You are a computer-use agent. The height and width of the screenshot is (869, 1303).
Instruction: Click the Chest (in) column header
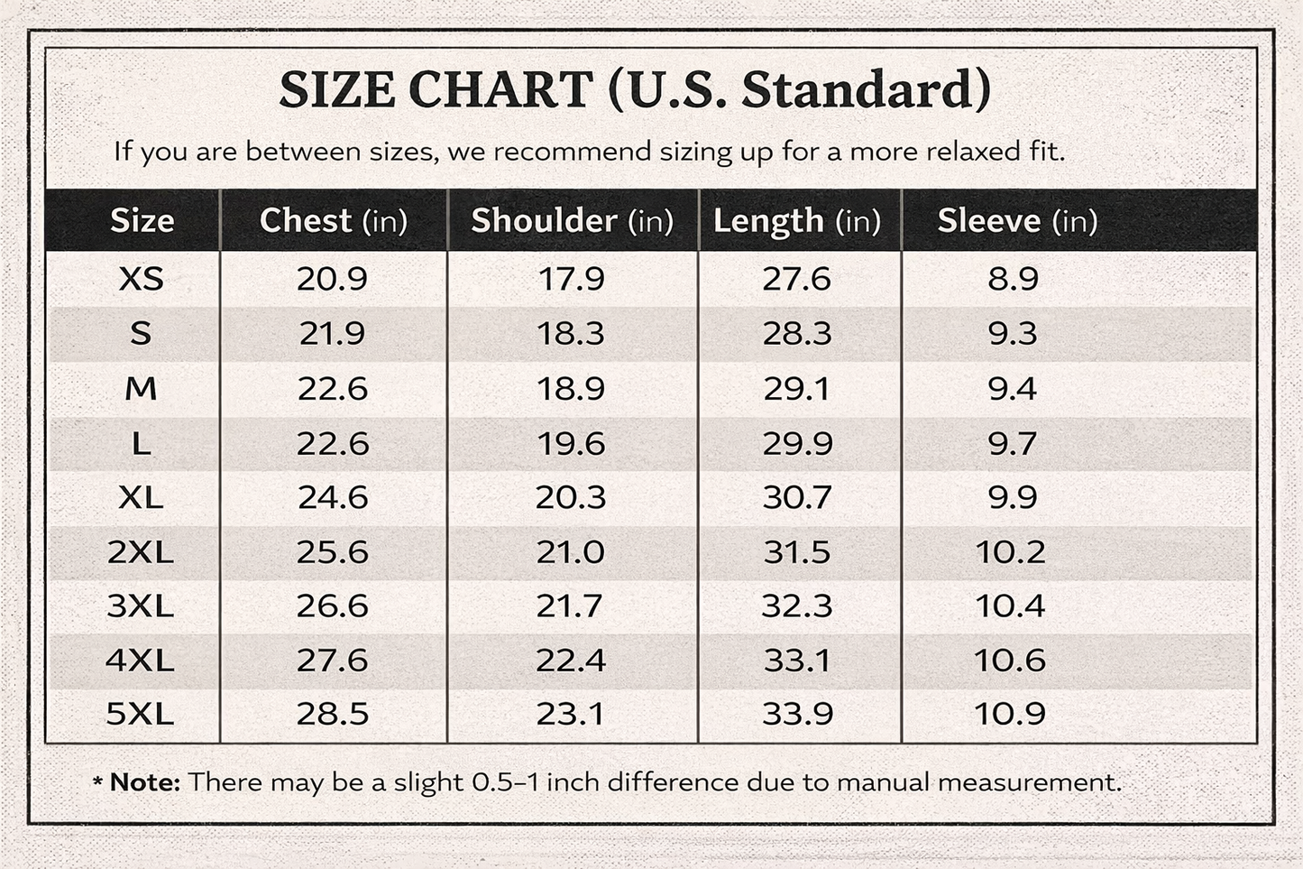click(x=334, y=221)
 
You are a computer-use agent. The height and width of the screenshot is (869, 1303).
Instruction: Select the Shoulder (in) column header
click(x=573, y=221)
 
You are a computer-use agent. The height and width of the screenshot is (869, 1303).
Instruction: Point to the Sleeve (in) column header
click(x=1017, y=221)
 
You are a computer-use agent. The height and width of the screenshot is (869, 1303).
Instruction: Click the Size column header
click(x=142, y=221)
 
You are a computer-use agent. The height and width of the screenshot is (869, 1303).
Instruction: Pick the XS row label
click(x=142, y=279)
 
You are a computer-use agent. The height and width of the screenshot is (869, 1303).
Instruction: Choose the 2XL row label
click(x=140, y=551)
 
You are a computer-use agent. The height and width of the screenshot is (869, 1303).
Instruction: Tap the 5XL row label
click(x=140, y=714)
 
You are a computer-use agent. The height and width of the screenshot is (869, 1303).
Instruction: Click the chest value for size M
click(x=333, y=389)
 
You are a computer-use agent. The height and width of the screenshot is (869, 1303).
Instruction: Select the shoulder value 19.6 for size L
click(x=571, y=444)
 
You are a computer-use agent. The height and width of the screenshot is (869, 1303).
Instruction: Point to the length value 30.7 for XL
click(x=797, y=497)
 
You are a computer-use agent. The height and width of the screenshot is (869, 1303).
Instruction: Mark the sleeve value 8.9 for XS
click(x=1013, y=279)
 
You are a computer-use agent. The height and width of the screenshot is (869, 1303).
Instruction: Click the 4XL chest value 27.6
click(x=332, y=661)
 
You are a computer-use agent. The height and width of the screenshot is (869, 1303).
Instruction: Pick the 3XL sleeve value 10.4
click(x=1011, y=606)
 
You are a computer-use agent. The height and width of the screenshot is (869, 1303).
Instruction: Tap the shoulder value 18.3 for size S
click(x=571, y=334)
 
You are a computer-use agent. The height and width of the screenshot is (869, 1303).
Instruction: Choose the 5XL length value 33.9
click(x=797, y=714)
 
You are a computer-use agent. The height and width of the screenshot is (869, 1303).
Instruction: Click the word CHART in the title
click(x=500, y=89)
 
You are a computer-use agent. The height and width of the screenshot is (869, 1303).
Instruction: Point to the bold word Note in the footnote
click(x=145, y=782)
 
